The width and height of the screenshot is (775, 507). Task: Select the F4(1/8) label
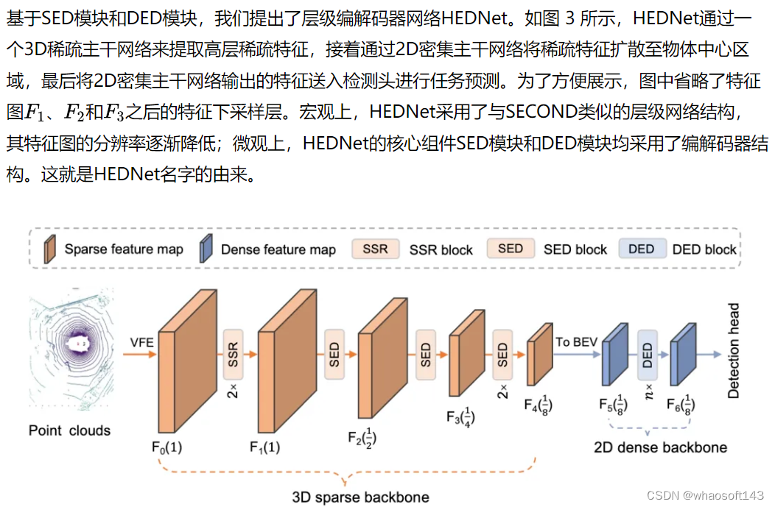point(539,404)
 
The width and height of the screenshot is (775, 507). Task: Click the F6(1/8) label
point(681,404)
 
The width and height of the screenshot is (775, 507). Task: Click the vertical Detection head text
point(734,352)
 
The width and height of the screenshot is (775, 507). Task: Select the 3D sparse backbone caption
point(360,496)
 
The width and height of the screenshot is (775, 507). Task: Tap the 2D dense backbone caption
point(660,447)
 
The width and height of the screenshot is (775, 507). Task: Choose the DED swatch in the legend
point(642,249)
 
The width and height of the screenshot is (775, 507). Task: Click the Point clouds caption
point(70,430)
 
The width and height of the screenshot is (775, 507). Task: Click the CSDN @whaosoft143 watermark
point(706,495)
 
